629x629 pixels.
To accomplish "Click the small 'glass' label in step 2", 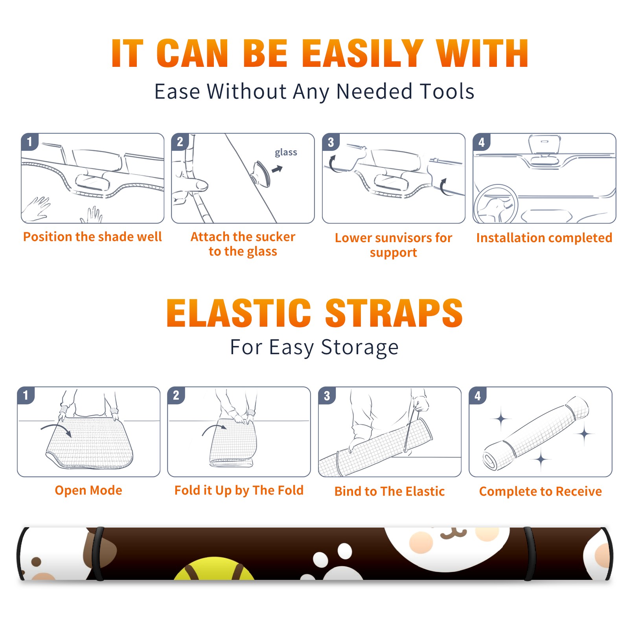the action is tap(286, 153).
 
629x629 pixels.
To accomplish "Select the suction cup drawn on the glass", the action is tap(261, 173).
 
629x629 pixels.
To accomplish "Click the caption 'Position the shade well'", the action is tap(92, 237).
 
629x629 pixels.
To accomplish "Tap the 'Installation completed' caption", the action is tap(544, 238).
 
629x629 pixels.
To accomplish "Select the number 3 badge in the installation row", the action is tap(331, 142).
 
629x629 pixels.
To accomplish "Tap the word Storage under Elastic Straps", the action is tap(360, 348).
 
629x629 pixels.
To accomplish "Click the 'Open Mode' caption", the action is tap(88, 490).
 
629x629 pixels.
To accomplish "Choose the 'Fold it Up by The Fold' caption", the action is tap(239, 490).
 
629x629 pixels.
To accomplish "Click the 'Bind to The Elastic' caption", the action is tap(390, 491).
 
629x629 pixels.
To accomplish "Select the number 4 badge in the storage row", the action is tap(478, 395).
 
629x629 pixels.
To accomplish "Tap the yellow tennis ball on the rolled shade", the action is tap(214, 568).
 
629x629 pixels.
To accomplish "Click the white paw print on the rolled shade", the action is tap(334, 563).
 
